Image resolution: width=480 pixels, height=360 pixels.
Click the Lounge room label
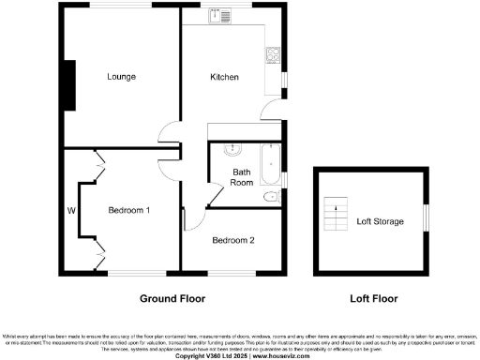tap(121, 77)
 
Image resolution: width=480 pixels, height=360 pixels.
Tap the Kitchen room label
tap(224, 77)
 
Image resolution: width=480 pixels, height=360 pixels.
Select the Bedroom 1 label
tap(129, 210)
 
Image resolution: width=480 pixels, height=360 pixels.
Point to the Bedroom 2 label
tap(233, 240)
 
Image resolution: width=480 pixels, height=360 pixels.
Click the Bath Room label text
tap(243, 178)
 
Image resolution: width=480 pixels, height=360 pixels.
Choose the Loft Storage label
tap(380, 221)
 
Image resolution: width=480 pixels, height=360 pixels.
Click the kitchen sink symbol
tap(225, 17)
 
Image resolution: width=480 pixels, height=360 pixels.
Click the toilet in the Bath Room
tap(270, 197)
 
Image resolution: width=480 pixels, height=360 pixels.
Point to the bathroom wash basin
tap(234, 150)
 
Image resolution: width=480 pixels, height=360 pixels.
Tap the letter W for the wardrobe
tap(71, 210)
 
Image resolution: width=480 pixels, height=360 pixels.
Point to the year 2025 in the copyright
tap(237, 355)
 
